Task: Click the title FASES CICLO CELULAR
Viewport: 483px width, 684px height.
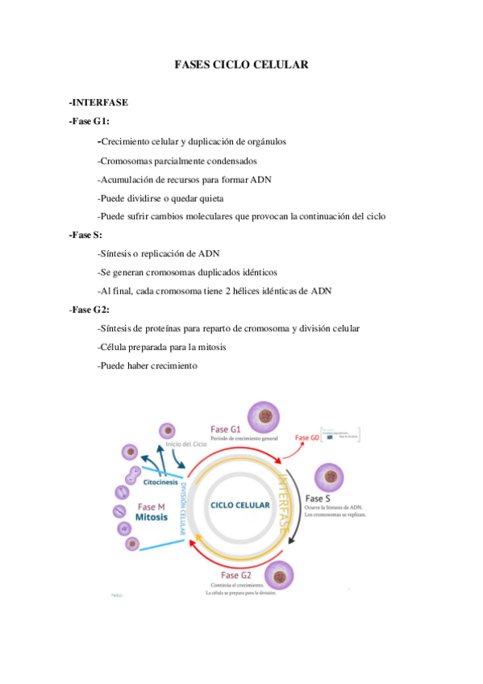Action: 241,64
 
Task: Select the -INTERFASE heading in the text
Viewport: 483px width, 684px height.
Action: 99,103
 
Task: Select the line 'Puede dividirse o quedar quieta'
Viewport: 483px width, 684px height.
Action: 160,198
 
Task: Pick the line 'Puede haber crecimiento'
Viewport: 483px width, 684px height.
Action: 148,365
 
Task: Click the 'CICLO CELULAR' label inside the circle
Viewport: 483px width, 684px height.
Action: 240,505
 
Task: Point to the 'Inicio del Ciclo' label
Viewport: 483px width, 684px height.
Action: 186,444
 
